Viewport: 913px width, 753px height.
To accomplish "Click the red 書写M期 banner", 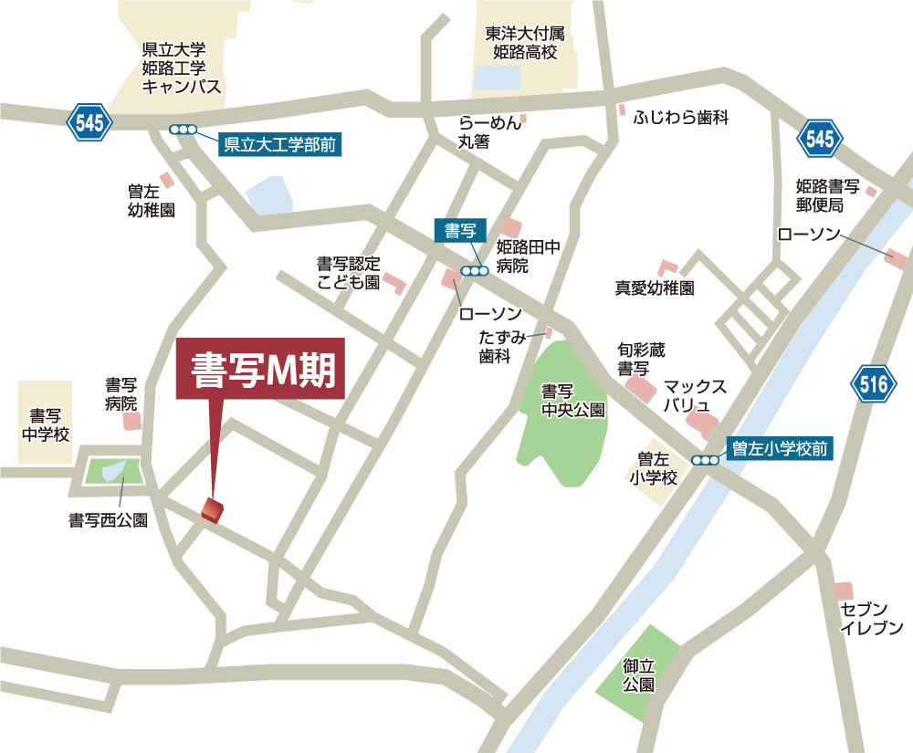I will tap(260, 369).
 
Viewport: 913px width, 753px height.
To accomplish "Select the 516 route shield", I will tap(873, 384).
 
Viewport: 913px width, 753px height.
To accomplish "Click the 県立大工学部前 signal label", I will tap(281, 142).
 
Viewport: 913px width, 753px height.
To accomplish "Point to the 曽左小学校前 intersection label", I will tap(779, 448).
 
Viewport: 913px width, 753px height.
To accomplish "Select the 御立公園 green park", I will tap(638, 675).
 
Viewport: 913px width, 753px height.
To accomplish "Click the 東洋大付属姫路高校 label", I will tap(524, 43).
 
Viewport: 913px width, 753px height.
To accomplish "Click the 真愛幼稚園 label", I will tap(654, 288).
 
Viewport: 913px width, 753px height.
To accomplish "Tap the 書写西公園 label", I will tap(108, 520).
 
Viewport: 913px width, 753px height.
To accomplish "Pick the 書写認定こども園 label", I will tap(347, 273).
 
